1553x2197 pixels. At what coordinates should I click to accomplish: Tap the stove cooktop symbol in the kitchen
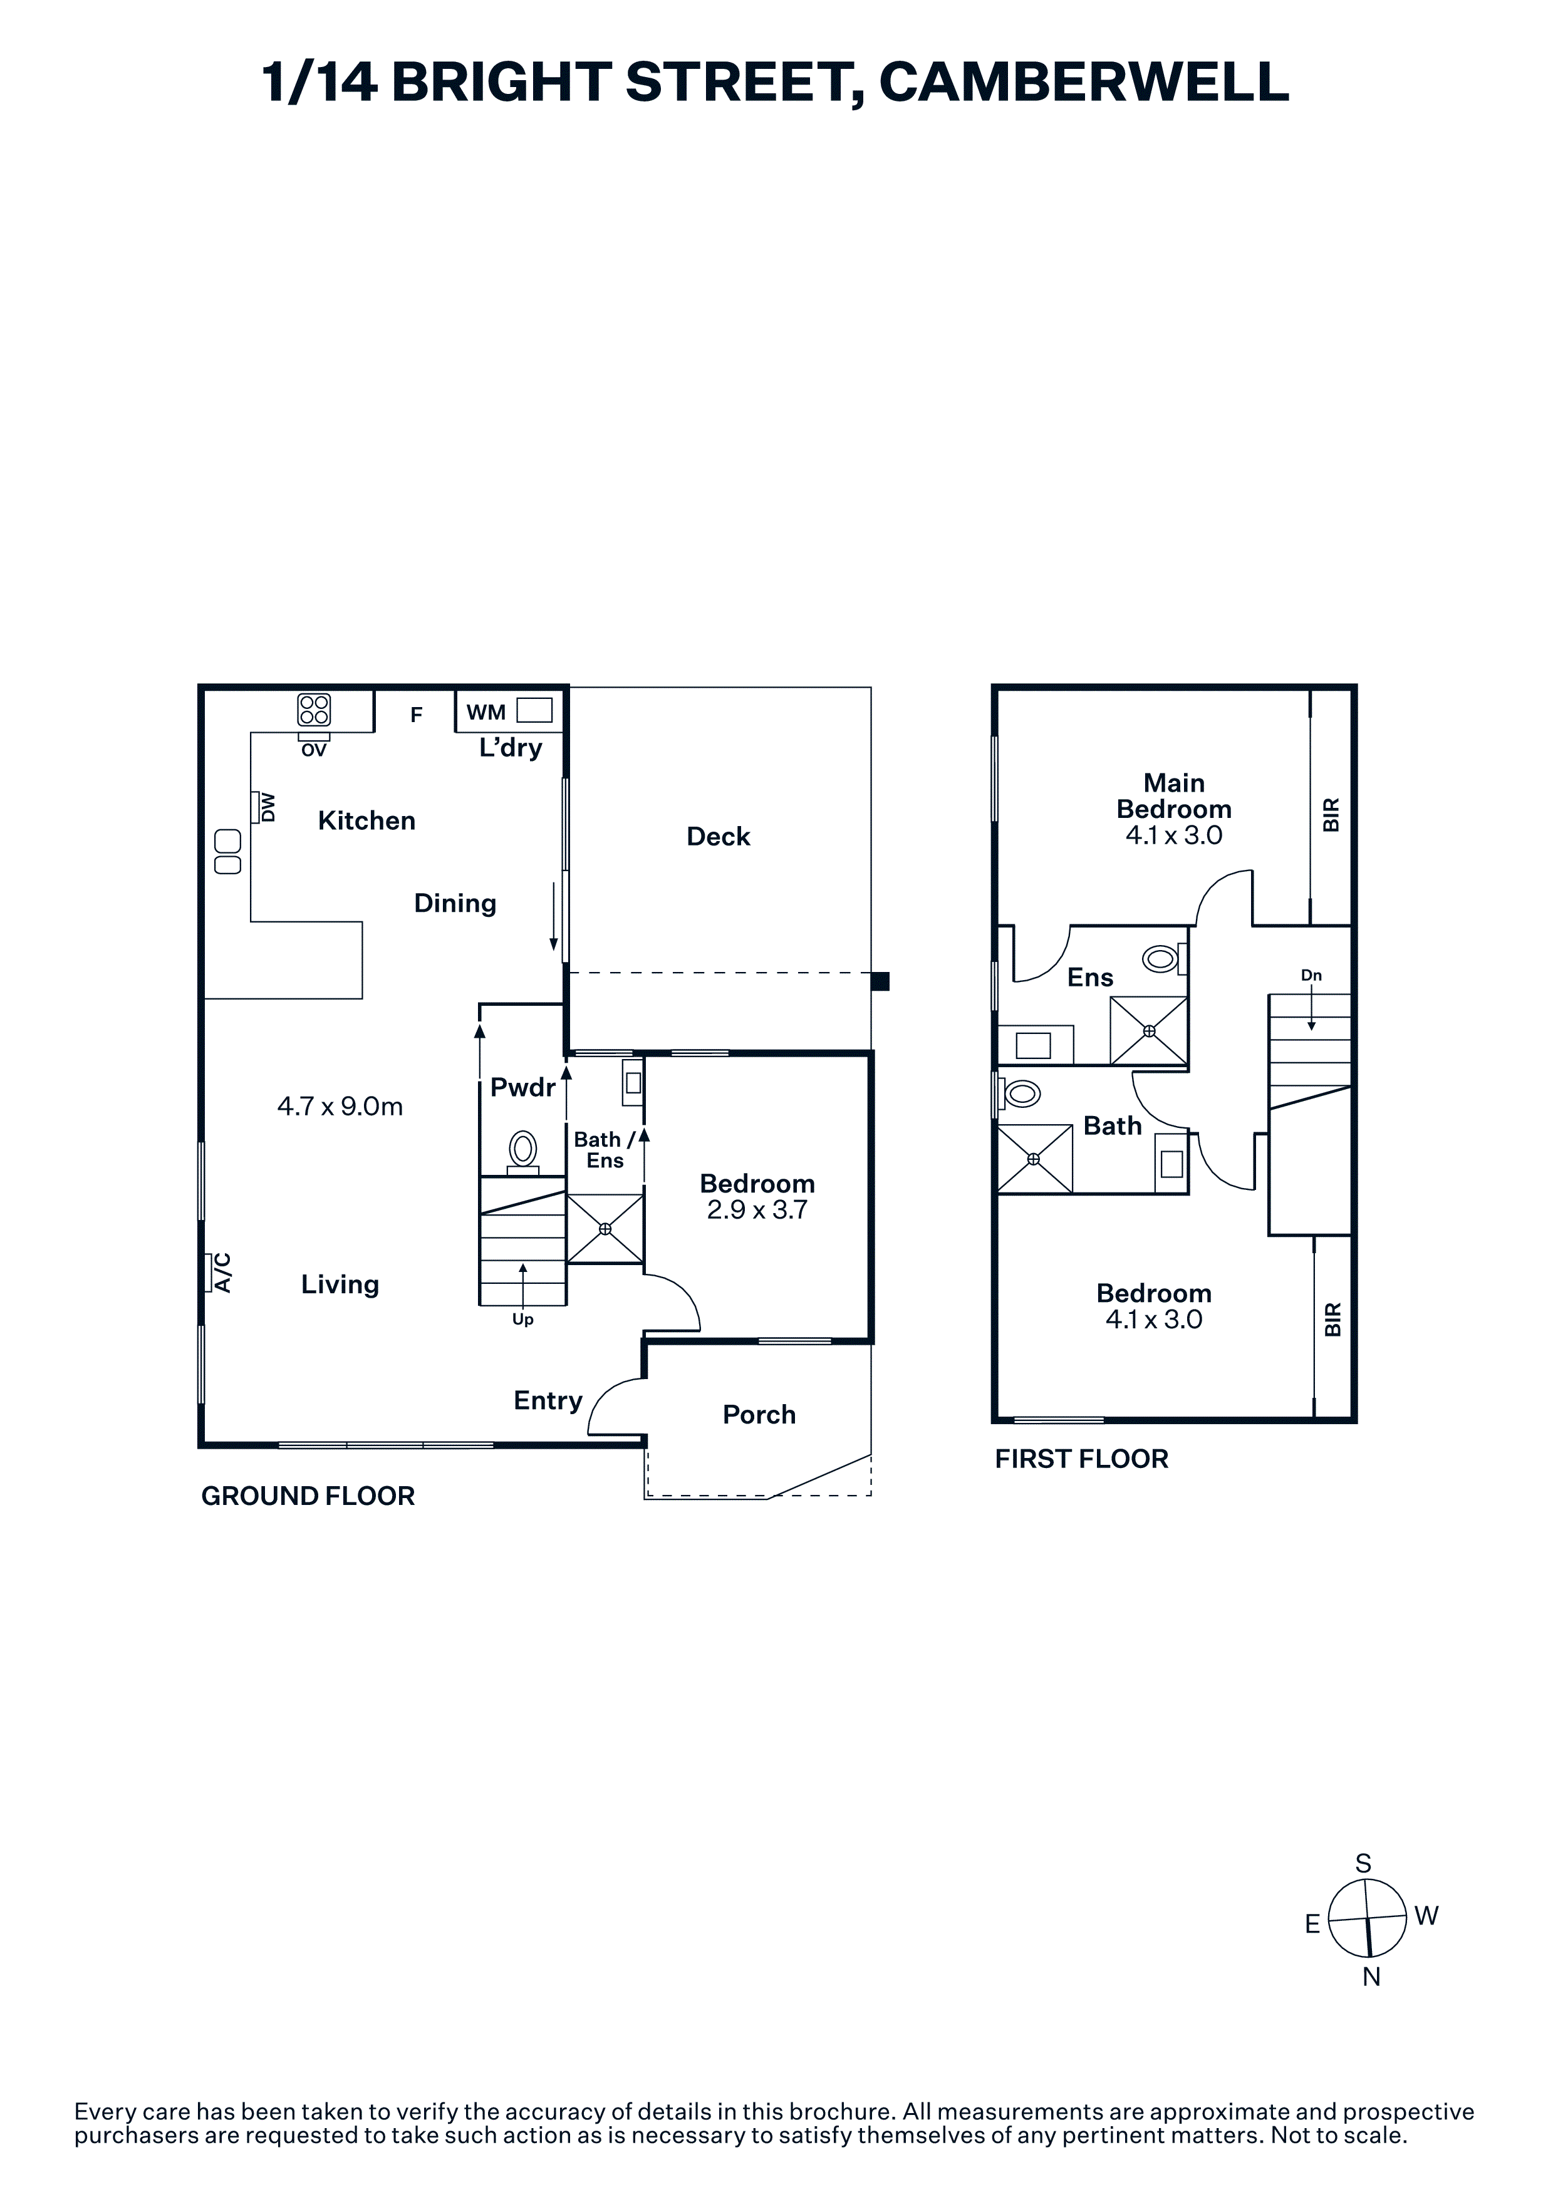pos(314,709)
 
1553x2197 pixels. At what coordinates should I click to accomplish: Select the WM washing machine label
pos(486,712)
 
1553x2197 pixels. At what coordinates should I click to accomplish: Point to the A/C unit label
pos(222,1273)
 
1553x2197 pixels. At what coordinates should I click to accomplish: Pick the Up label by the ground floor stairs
pos(522,1320)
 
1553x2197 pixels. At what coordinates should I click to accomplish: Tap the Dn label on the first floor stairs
pos(1311,975)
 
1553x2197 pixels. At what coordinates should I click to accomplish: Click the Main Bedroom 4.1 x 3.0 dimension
pos(1174,835)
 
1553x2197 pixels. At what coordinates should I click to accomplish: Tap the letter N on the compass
pos(1371,1978)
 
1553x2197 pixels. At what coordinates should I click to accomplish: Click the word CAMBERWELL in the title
pos(1084,81)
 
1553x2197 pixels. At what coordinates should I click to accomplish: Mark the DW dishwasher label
pos(268,807)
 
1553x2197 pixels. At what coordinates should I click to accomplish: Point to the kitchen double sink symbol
pos(228,852)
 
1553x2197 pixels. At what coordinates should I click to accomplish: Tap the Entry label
pos(548,1401)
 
